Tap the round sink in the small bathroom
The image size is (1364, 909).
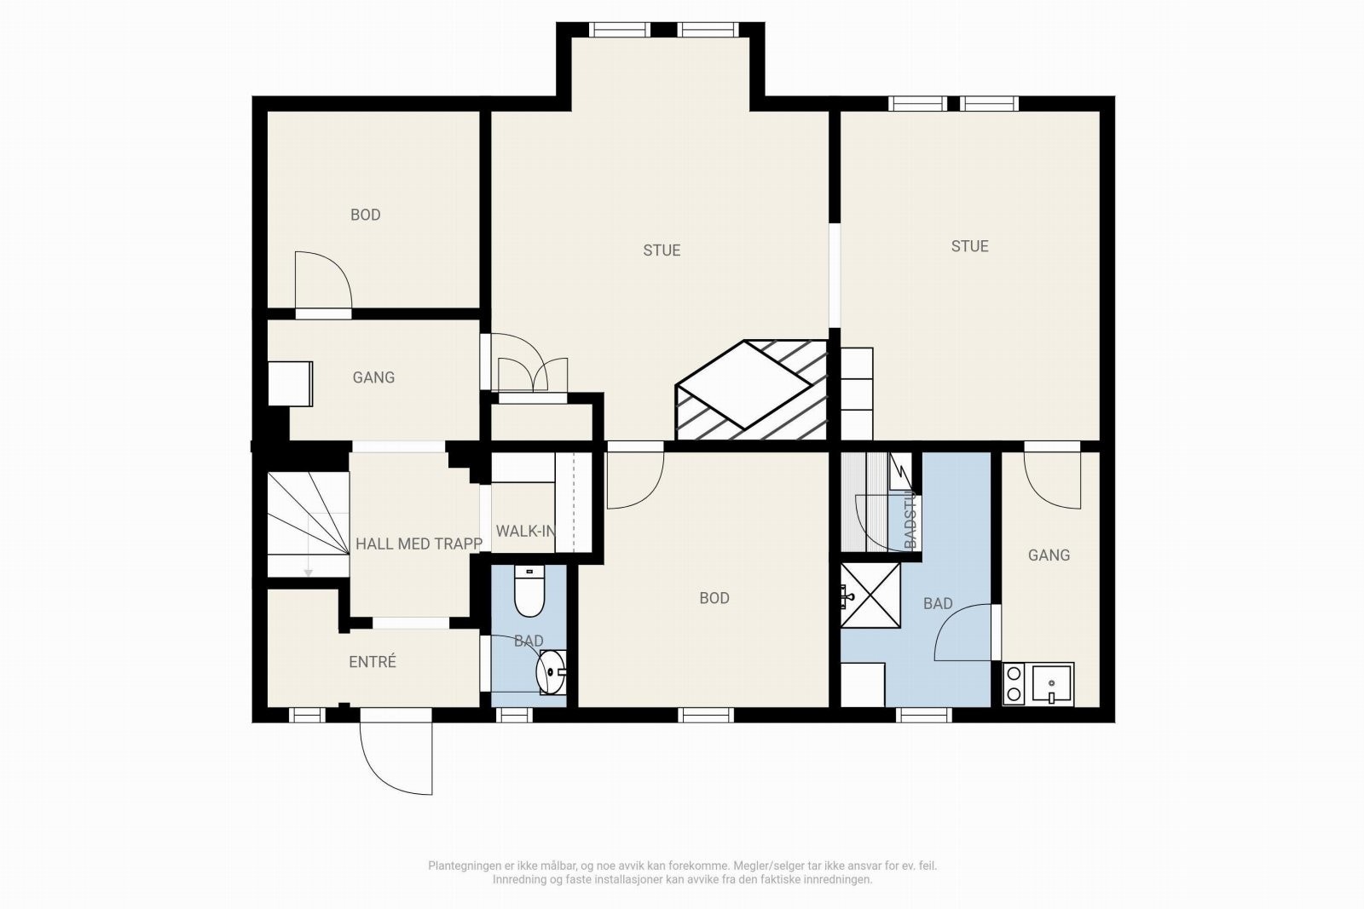pos(552,671)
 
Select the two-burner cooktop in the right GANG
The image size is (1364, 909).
pos(1014,684)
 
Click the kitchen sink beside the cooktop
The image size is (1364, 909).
pos(1052,683)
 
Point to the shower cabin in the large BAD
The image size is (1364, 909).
pos(870,595)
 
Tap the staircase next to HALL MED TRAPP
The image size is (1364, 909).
pos(308,524)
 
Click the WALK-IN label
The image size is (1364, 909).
pos(524,532)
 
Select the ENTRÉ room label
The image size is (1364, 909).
pos(373,662)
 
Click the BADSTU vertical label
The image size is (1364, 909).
pos(910,521)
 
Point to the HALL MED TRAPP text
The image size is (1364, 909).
pos(419,544)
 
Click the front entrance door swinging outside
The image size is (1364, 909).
pos(395,754)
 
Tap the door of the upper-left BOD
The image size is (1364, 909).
pos(322,281)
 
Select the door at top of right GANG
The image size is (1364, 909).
pos(1052,477)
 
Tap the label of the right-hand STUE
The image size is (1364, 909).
pos(969,246)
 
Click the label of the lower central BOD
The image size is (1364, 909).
pos(714,598)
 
